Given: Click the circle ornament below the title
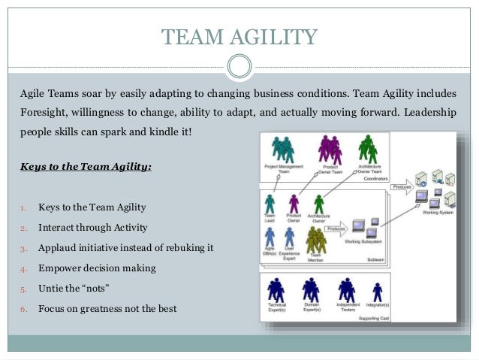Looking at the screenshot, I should click(x=239, y=66).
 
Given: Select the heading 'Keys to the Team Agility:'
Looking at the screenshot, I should click(x=86, y=166).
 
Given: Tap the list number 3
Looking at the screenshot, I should click(x=23, y=248).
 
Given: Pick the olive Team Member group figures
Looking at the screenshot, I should click(x=316, y=240).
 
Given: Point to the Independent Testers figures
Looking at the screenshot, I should click(x=346, y=291).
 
